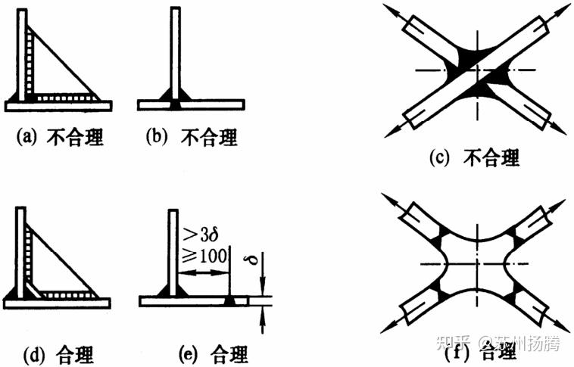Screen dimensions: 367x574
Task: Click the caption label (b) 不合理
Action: [x=192, y=137]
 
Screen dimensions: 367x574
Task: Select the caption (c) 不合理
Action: [x=474, y=158]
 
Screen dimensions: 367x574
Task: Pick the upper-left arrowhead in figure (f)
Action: [x=388, y=198]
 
